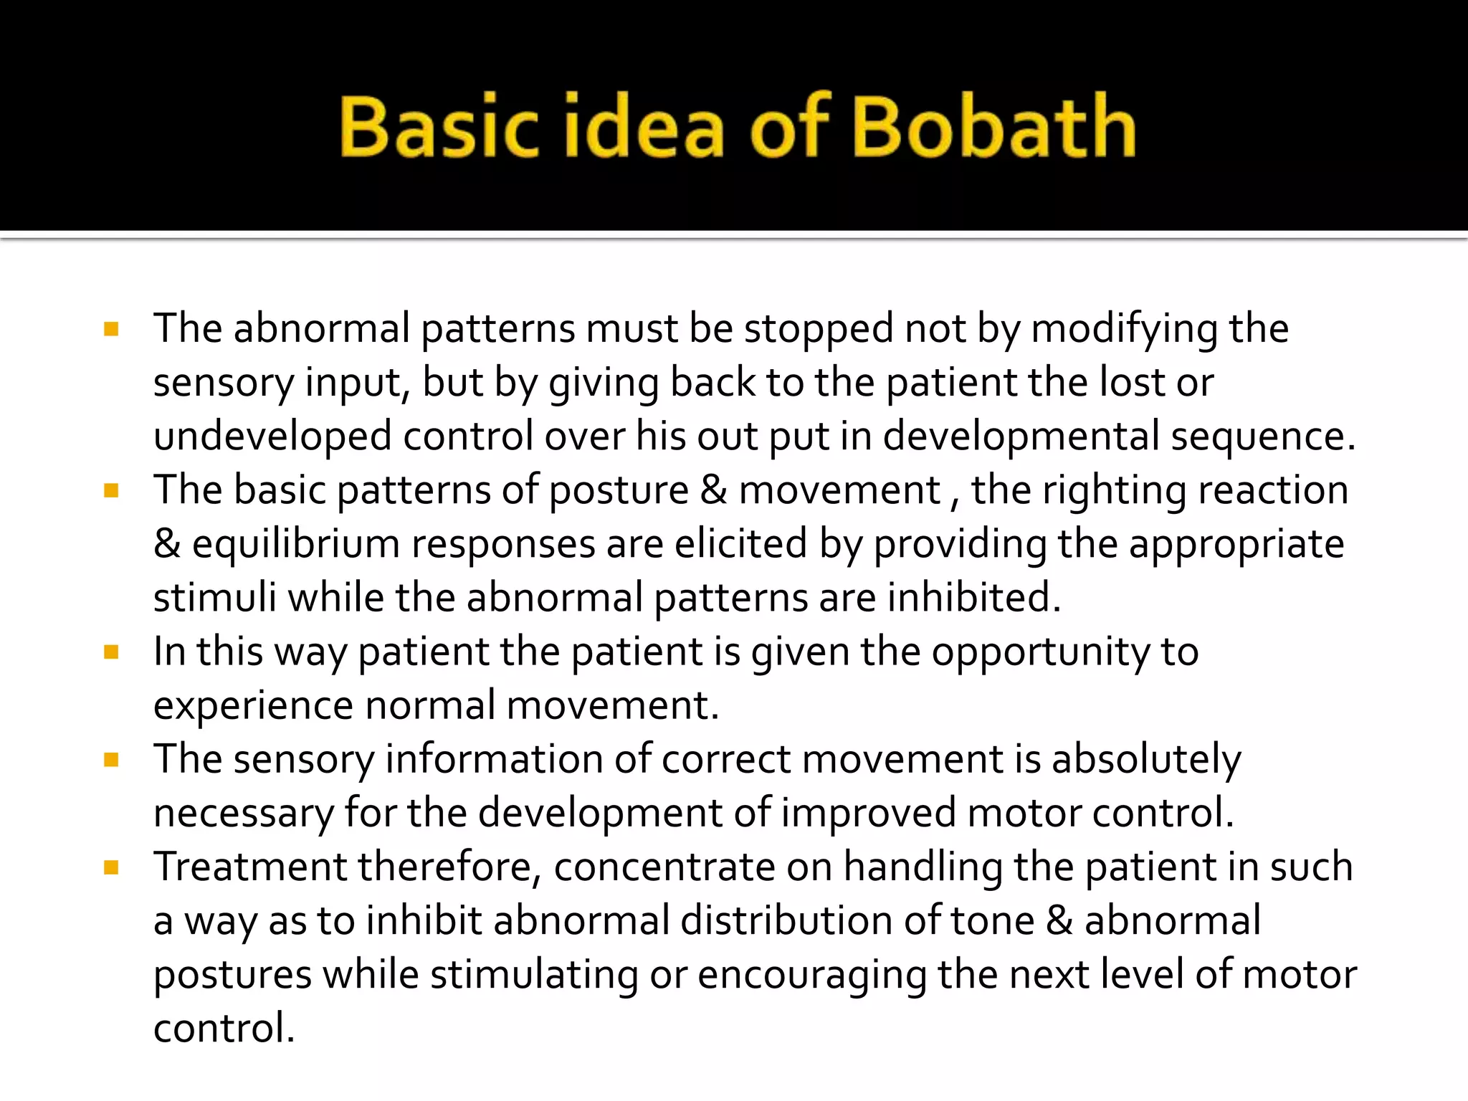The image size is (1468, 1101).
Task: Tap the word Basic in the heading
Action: click(438, 126)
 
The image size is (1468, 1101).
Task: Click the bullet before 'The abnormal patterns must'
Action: click(111, 330)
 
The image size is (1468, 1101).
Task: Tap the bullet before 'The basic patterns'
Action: click(111, 491)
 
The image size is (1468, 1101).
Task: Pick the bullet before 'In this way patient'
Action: click(111, 652)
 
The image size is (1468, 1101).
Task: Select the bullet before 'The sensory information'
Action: click(111, 760)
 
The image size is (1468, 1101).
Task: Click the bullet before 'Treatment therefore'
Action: click(111, 868)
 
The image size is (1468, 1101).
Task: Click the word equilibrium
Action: click(295, 545)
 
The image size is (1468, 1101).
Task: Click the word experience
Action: click(253, 706)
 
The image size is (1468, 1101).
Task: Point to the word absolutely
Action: click(1145, 760)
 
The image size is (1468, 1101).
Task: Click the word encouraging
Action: click(811, 976)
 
